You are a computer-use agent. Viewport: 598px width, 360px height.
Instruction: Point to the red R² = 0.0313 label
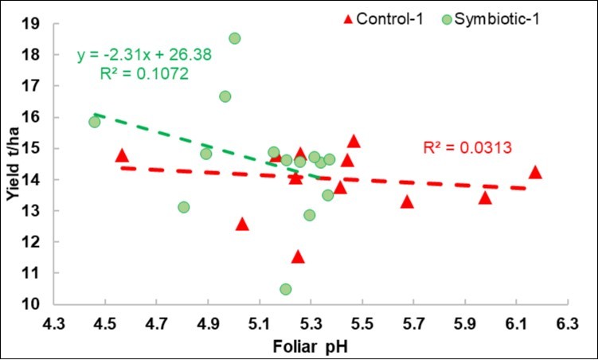[466, 147]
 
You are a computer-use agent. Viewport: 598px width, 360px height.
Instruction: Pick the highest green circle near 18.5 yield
[235, 38]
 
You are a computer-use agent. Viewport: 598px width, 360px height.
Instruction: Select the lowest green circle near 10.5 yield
[286, 289]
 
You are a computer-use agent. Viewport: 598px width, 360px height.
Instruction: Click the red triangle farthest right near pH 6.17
[535, 172]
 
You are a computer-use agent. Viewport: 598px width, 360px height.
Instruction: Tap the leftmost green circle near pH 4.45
[94, 122]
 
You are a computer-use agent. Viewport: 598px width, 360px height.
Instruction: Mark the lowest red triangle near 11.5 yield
[298, 256]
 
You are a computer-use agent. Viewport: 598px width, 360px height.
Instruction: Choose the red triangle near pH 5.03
[242, 225]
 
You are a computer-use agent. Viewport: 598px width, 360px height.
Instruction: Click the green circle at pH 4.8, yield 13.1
[184, 207]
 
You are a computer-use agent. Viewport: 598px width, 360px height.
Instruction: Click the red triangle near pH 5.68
[408, 202]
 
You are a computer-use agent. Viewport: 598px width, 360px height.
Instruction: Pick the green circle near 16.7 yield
[225, 96]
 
